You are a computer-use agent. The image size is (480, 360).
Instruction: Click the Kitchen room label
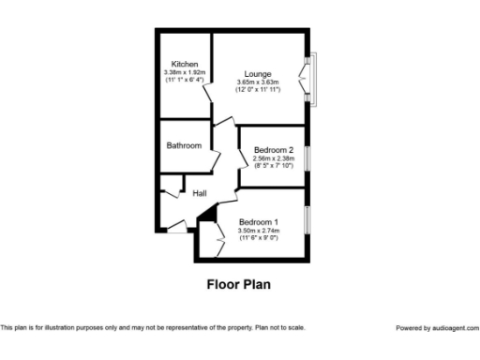click(x=184, y=64)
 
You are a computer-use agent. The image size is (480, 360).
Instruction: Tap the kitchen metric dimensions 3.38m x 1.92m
click(x=184, y=72)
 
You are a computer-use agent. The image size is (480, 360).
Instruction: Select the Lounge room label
click(x=258, y=73)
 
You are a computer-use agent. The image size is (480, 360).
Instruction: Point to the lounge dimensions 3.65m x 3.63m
click(x=258, y=82)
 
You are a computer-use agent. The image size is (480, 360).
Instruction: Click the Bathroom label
click(x=184, y=145)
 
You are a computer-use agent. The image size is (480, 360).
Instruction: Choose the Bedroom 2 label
click(x=273, y=150)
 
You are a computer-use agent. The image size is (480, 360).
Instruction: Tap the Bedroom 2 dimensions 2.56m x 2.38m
click(x=273, y=158)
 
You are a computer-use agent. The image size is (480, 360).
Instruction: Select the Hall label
click(x=200, y=193)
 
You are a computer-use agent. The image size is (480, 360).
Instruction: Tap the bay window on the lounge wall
click(x=312, y=76)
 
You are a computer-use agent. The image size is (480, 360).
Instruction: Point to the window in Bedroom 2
click(x=306, y=156)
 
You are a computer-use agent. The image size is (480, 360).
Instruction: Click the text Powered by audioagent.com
click(x=437, y=328)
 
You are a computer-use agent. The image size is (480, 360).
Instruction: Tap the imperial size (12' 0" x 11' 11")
click(x=258, y=89)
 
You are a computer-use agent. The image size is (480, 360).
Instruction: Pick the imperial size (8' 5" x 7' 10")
click(x=273, y=166)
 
